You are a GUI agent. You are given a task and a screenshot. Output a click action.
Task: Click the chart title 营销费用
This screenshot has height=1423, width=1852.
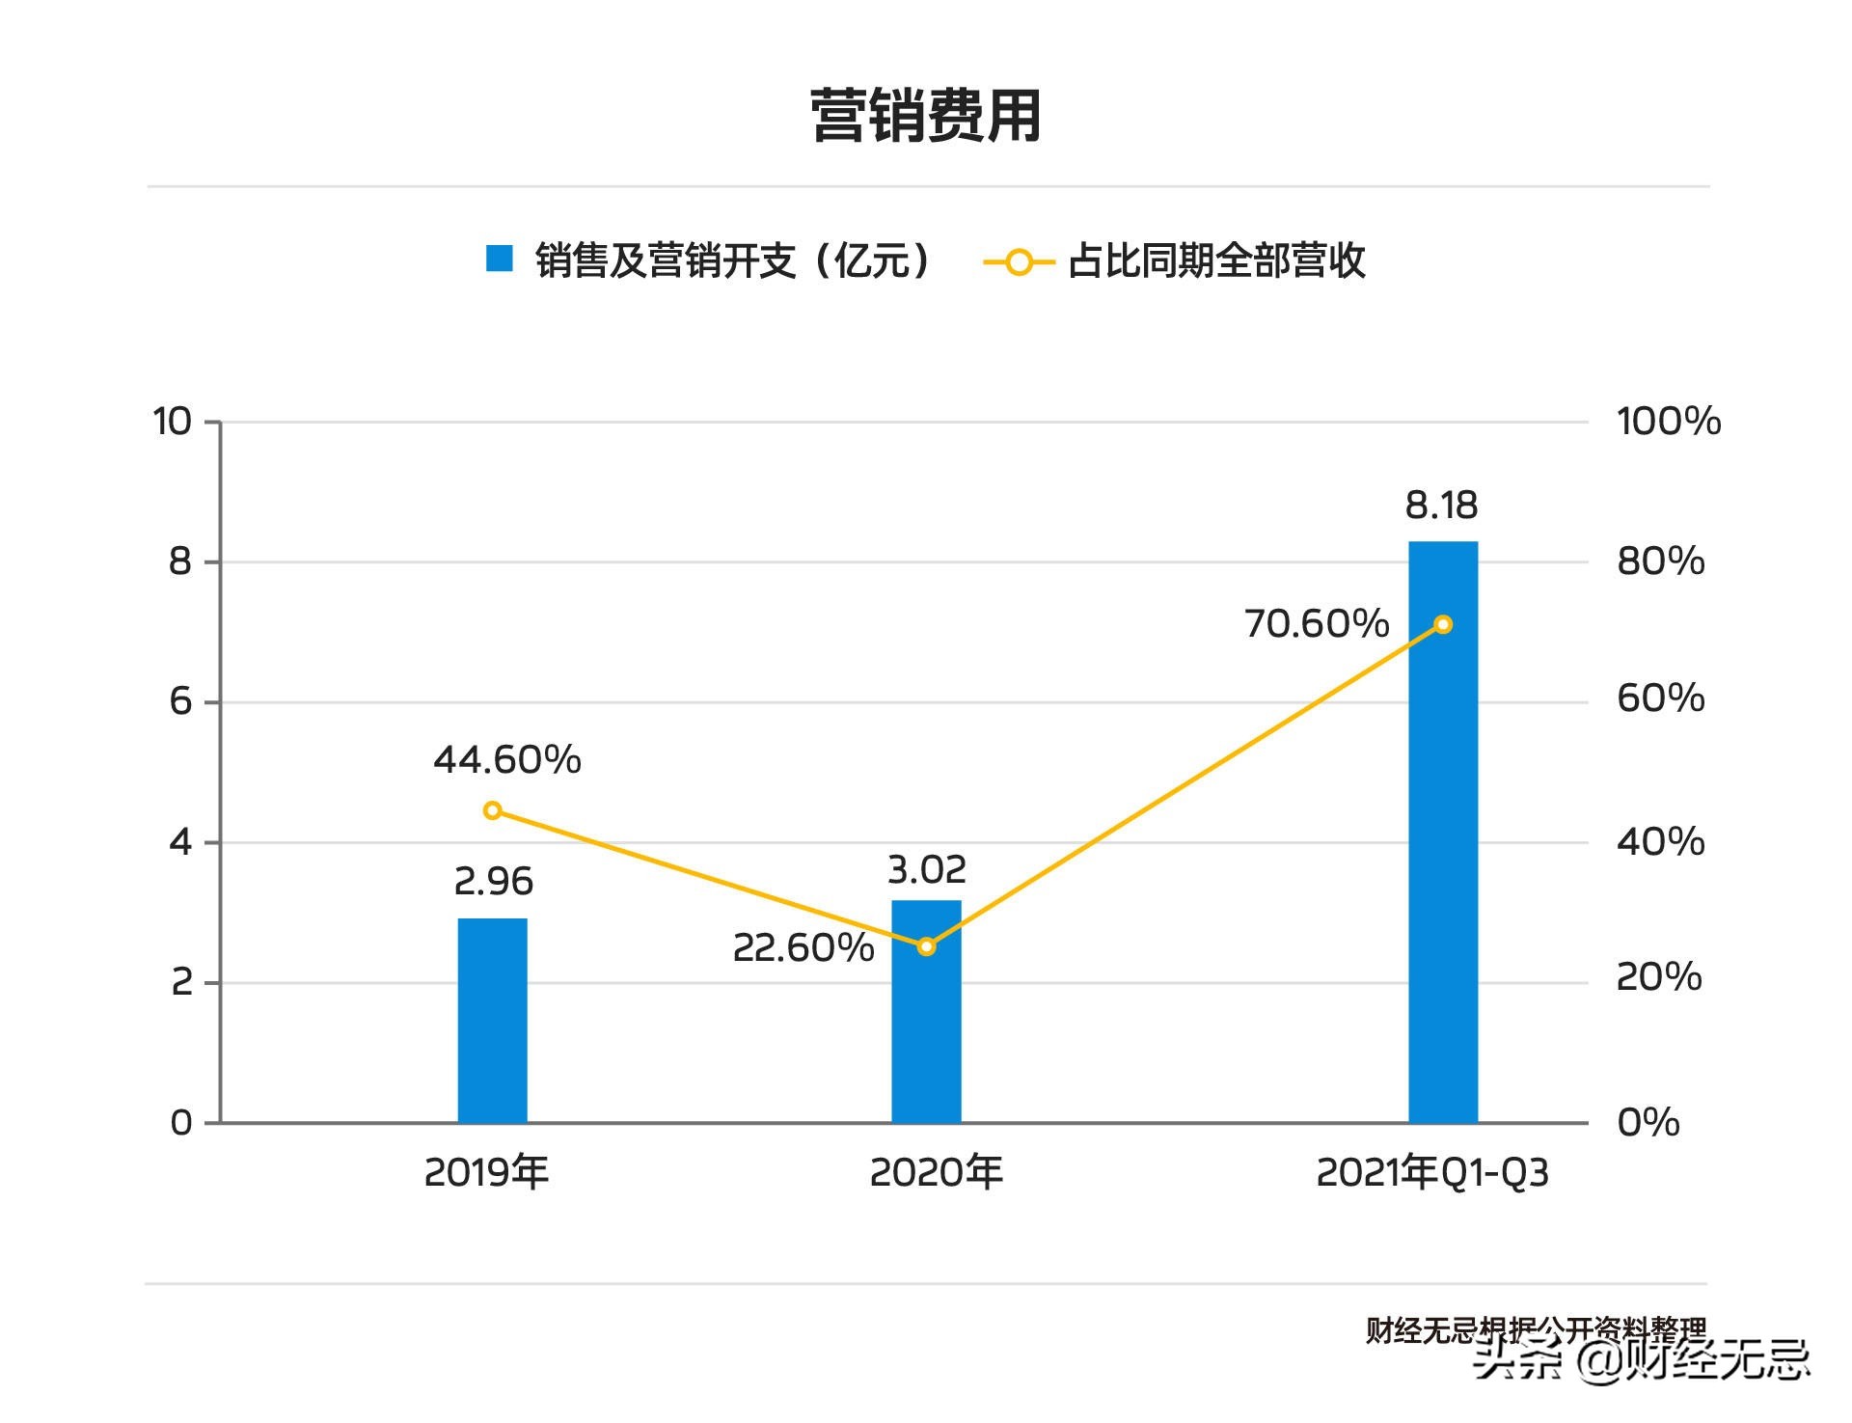click(x=925, y=117)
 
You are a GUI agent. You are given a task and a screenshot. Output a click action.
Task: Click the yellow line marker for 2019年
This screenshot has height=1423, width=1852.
click(x=493, y=810)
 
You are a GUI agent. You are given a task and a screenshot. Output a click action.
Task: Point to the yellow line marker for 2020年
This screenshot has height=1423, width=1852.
click(x=926, y=946)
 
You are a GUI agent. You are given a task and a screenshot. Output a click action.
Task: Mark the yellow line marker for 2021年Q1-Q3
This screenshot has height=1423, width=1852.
click(x=1443, y=625)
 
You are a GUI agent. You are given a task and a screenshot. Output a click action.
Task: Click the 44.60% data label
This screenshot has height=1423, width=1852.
click(x=507, y=760)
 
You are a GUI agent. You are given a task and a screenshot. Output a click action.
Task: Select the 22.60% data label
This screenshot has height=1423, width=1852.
click(x=803, y=948)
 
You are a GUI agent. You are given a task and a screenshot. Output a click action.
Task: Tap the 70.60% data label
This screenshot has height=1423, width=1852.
click(x=1317, y=624)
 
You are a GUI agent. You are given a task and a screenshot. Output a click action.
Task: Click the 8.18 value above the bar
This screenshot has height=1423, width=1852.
click(x=1441, y=505)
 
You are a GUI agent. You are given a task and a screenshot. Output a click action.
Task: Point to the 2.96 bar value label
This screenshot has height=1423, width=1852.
click(x=493, y=881)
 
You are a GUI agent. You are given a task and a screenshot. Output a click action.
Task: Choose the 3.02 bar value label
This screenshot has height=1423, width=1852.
click(x=926, y=870)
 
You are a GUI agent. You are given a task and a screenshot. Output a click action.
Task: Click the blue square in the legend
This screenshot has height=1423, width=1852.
click(x=499, y=259)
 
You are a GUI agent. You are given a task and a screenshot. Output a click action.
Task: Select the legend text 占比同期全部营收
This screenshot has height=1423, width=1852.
click(x=1216, y=261)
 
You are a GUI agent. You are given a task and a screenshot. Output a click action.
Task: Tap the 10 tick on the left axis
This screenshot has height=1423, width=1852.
click(x=173, y=422)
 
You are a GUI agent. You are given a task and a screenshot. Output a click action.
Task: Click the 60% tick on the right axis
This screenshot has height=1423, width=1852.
click(x=1660, y=698)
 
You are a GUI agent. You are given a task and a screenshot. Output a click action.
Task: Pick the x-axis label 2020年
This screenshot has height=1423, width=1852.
click(x=936, y=1173)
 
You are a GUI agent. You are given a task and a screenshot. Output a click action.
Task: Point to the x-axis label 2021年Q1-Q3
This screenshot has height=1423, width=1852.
click(x=1432, y=1173)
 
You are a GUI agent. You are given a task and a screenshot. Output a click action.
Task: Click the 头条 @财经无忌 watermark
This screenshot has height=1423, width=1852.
click(x=1641, y=1359)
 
